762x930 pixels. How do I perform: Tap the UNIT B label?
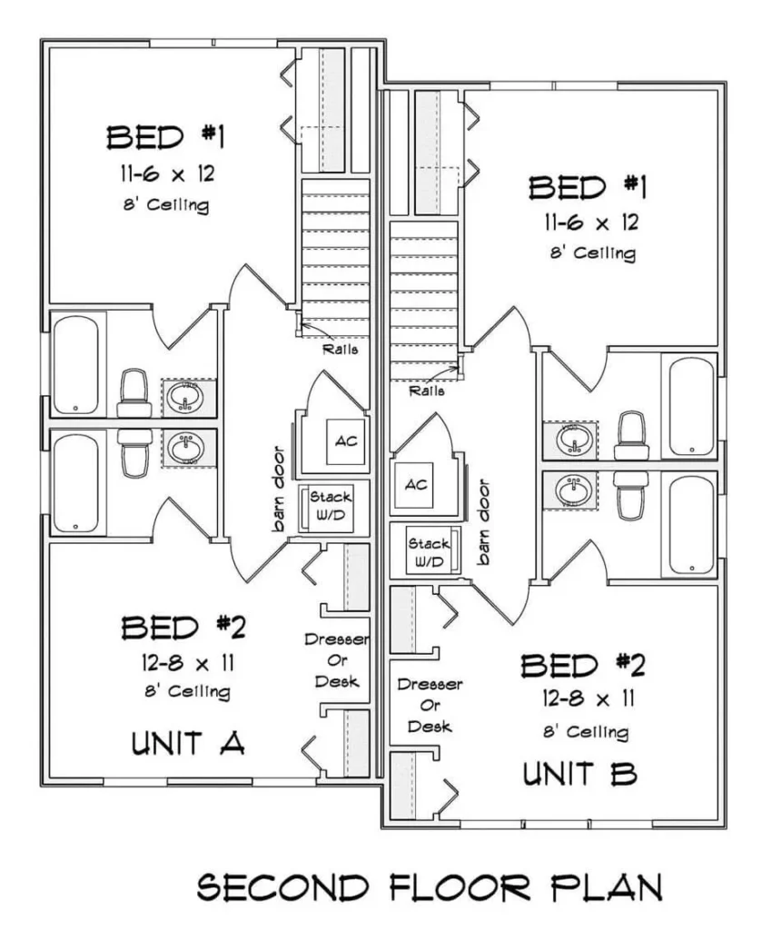(579, 774)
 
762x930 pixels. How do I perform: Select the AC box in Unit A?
(345, 441)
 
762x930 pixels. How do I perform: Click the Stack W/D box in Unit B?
(429, 552)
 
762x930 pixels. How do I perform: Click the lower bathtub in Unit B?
(692, 524)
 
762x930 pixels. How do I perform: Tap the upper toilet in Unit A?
(134, 391)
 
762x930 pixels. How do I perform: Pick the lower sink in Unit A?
(188, 448)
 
